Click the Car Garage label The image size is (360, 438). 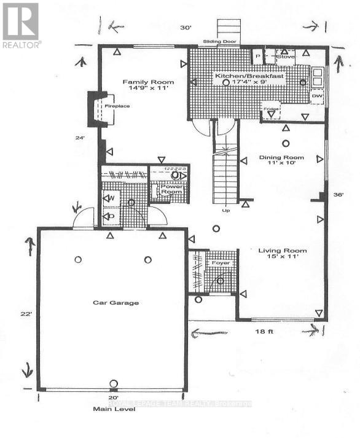pos(115,302)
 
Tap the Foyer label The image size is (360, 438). pos(220,263)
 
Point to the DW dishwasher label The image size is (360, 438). pos(317,96)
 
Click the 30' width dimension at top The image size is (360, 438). pos(186,28)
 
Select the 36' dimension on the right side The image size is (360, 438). pos(338,194)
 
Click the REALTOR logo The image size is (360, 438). pos(21,25)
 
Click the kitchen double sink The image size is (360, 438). pos(318,76)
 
